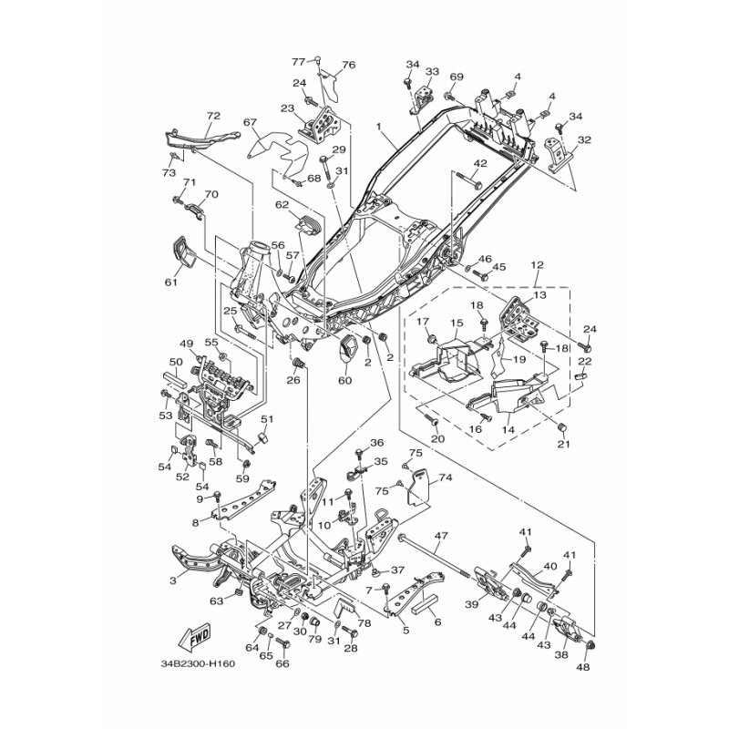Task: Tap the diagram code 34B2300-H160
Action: click(195, 663)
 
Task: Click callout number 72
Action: click(214, 117)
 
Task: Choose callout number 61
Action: click(169, 282)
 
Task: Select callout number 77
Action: click(297, 61)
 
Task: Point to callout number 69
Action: click(457, 77)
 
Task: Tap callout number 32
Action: click(583, 140)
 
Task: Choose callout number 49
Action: click(187, 344)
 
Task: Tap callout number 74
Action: click(446, 477)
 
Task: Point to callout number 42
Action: click(479, 163)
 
